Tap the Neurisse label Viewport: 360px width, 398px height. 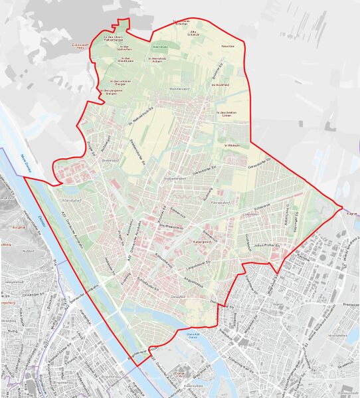[x=228, y=47]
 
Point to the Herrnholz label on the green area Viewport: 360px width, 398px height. [x=160, y=47]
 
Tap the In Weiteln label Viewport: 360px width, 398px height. [x=231, y=144]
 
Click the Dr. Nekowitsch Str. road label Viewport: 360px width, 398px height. [x=141, y=115]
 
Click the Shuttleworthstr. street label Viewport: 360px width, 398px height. [x=169, y=226]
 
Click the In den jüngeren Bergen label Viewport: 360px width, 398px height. [x=111, y=92]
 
